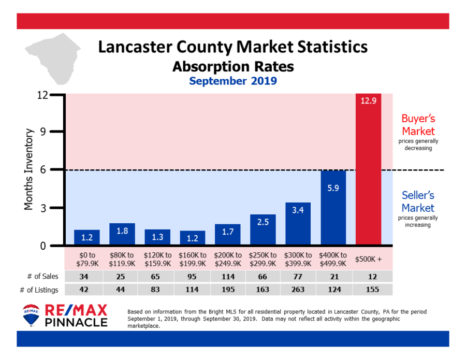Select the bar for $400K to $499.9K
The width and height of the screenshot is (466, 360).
333,207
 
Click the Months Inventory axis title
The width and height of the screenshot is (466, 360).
29,169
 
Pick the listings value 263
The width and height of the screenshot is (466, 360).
298,290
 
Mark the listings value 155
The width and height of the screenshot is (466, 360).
368,290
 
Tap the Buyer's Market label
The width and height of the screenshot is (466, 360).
418,125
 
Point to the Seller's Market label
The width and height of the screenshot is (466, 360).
418,201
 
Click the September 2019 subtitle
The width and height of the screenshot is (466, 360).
233,81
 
